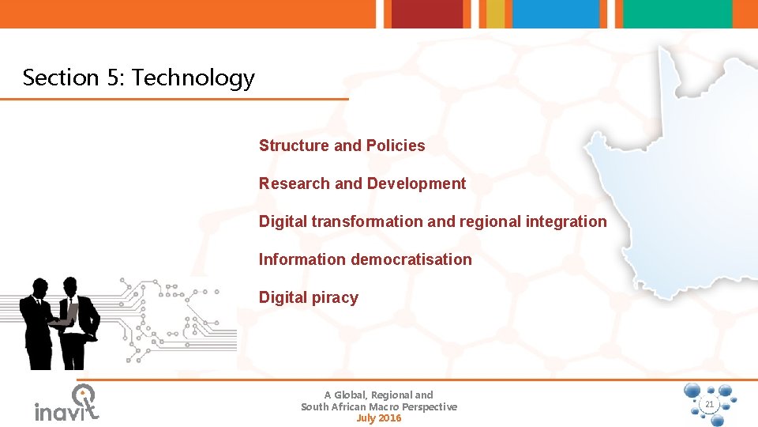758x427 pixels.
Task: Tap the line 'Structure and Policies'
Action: [x=341, y=145]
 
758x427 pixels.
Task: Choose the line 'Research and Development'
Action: [x=362, y=183]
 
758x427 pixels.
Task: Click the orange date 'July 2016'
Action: [x=379, y=418]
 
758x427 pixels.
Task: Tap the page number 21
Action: [x=708, y=405]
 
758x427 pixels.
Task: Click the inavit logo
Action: [x=67, y=403]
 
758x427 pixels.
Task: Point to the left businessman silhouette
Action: [x=37, y=324]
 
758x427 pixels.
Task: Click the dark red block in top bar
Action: [x=427, y=13]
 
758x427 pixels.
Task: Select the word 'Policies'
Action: [x=396, y=145]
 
